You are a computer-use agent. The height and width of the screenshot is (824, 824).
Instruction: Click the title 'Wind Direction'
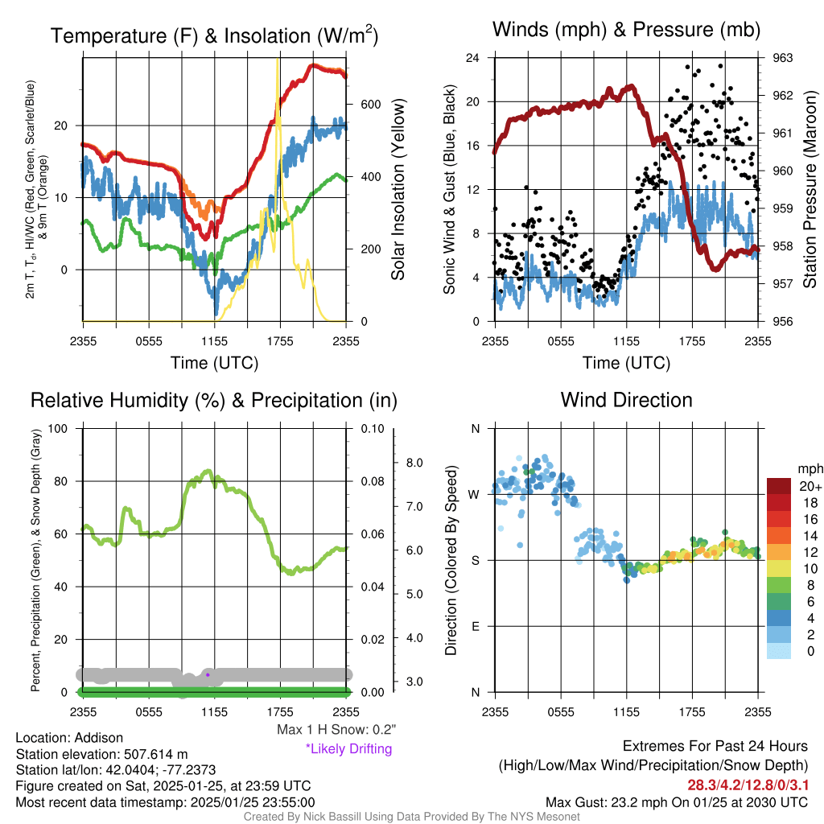click(626, 400)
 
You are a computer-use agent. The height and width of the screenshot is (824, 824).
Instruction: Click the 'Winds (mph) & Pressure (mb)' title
click(626, 31)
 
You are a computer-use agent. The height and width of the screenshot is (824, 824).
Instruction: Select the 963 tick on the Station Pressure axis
click(784, 58)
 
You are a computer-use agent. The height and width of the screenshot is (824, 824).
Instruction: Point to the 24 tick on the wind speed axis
click(473, 58)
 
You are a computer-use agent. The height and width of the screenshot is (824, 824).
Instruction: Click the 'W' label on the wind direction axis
click(475, 494)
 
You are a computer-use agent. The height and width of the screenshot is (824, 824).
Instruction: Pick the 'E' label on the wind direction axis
click(475, 626)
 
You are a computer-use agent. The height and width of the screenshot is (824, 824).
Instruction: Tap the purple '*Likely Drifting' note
click(348, 748)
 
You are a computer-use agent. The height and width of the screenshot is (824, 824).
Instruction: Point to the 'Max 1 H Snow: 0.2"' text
click(336, 730)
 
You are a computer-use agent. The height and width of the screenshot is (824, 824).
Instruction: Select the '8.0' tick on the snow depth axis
click(415, 463)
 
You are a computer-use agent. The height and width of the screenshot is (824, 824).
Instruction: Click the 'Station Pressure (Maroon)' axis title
click(810, 189)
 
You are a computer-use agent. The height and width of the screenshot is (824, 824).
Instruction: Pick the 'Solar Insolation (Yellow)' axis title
click(398, 189)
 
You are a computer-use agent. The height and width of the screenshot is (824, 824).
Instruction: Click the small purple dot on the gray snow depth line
click(208, 674)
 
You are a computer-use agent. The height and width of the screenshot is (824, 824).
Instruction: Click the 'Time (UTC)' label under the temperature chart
click(214, 363)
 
